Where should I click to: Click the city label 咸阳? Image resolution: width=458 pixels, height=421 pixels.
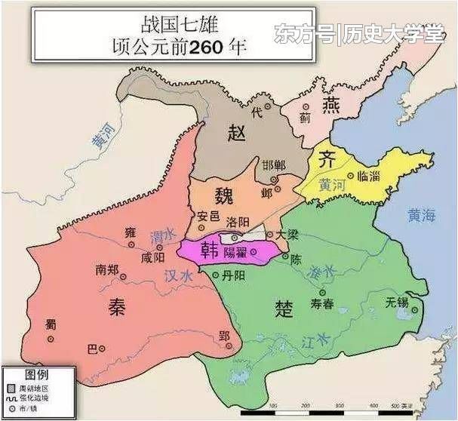coord(152,258)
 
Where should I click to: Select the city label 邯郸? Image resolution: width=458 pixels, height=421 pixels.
coord(274,165)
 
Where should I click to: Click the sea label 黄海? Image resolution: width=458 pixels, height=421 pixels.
coord(420,216)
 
